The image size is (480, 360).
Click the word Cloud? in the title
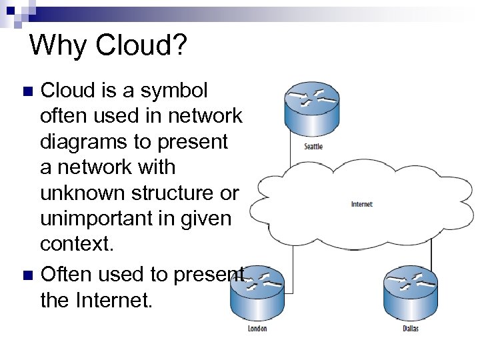click(x=141, y=45)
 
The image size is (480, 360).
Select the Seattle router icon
click(x=313, y=110)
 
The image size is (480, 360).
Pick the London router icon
click(x=257, y=295)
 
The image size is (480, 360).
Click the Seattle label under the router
click(x=313, y=146)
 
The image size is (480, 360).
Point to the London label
click(x=257, y=329)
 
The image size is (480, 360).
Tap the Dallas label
click(x=411, y=329)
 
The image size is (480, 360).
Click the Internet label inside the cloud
click(x=362, y=204)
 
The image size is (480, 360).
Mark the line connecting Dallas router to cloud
click(x=431, y=251)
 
